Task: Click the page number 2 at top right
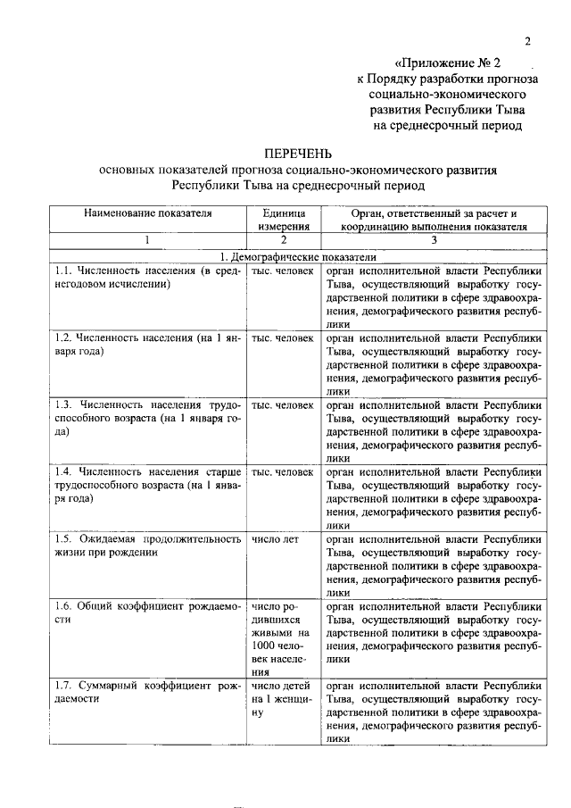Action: click(x=527, y=41)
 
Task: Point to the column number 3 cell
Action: click(x=434, y=240)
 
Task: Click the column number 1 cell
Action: click(x=147, y=240)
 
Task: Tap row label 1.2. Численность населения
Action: click(x=146, y=345)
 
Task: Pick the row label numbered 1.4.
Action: click(x=146, y=485)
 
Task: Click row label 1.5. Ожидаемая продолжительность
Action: click(x=146, y=546)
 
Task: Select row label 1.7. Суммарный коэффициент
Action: click(x=146, y=693)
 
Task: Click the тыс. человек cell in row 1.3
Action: click(x=283, y=404)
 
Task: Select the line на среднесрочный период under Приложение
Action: click(x=447, y=127)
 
